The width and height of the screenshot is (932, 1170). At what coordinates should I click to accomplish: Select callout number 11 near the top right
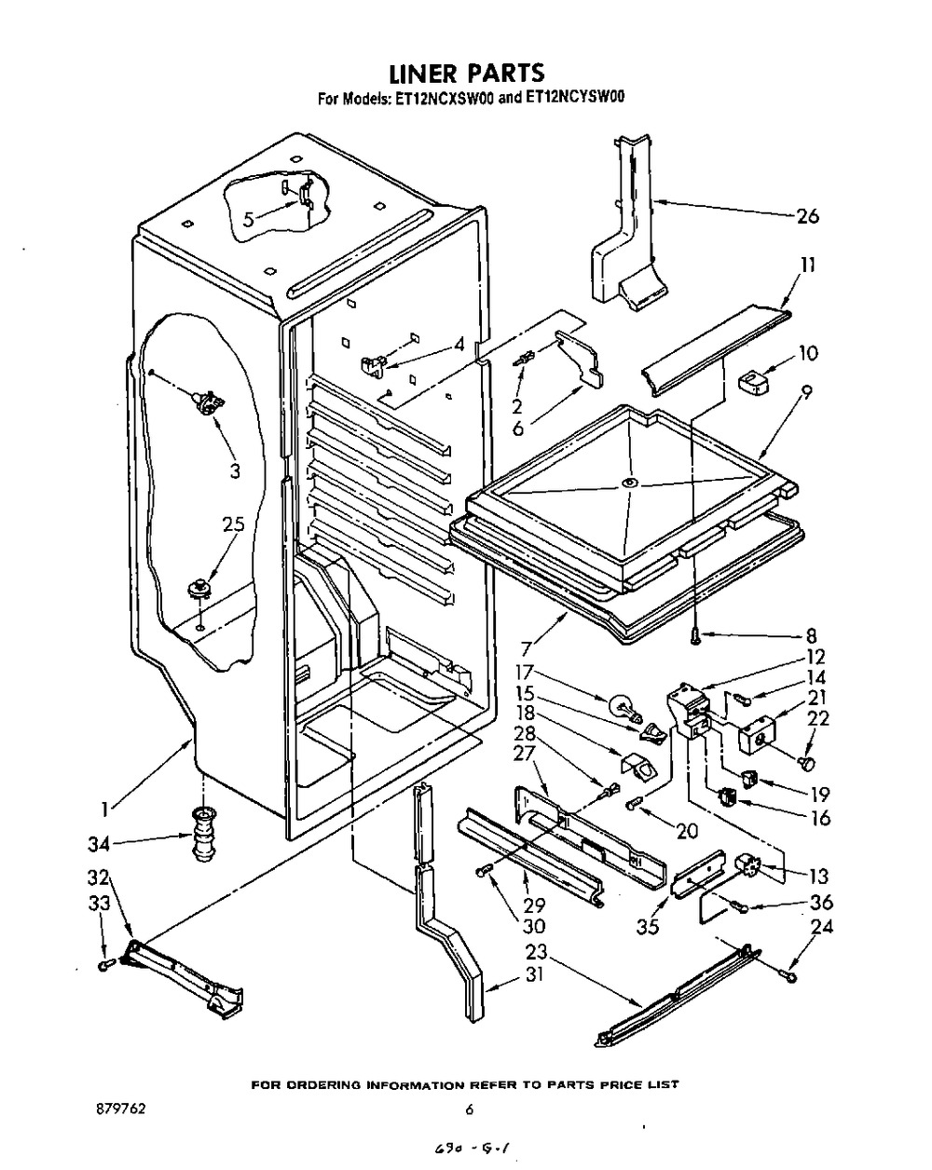click(x=807, y=265)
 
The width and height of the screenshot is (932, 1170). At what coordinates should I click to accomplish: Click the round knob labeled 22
click(x=807, y=764)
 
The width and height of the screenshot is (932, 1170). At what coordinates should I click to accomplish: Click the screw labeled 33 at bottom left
click(x=105, y=969)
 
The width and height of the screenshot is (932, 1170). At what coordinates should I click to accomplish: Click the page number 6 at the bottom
click(x=470, y=1109)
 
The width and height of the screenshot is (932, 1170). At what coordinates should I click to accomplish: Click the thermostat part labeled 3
click(x=206, y=403)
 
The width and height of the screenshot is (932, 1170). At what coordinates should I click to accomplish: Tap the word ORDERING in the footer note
click(x=323, y=1085)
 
